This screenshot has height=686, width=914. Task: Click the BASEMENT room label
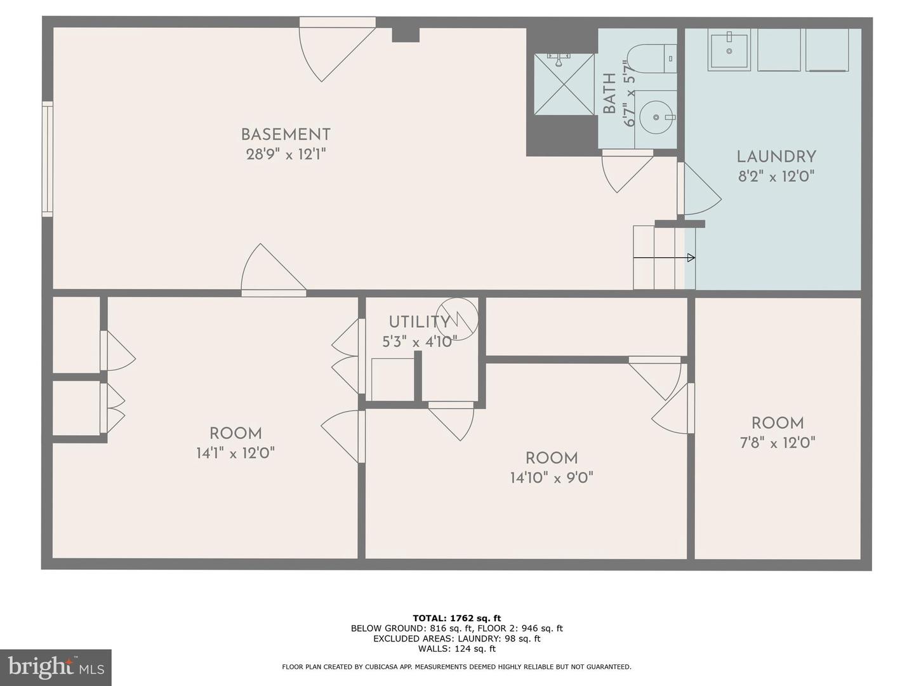tap(286, 135)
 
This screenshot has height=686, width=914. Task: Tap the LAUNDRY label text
tap(776, 157)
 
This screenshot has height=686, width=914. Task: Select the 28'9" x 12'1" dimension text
tap(286, 155)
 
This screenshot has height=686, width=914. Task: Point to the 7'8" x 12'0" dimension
tap(777, 443)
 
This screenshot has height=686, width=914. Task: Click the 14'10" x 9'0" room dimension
tap(552, 478)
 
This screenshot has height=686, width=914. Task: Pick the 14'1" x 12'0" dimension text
tap(235, 453)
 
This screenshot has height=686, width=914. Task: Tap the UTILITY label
tap(420, 322)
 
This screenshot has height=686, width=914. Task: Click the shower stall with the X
tap(564, 83)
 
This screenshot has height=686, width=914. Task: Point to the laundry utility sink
tap(729, 50)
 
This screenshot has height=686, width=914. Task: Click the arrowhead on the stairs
tap(691, 258)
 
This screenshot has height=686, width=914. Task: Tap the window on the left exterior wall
tap(48, 159)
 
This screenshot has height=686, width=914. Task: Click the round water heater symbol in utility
tap(457, 319)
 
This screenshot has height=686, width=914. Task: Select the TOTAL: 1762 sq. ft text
tap(457, 618)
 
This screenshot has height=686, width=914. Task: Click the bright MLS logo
tap(56, 668)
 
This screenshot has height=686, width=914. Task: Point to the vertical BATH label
tap(609, 93)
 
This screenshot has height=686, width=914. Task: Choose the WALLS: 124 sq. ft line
tap(457, 649)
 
